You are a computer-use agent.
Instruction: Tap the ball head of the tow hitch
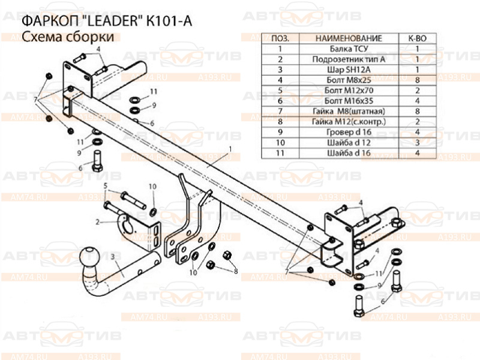pyautogui.click(x=91, y=257)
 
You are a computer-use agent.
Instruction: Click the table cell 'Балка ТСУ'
pyautogui.click(x=349, y=49)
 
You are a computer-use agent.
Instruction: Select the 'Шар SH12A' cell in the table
pyautogui.click(x=349, y=70)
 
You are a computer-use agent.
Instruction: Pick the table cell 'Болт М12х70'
pyautogui.click(x=349, y=91)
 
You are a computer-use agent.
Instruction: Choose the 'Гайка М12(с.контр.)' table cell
pyautogui.click(x=349, y=122)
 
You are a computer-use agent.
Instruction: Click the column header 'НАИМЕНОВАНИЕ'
pyautogui.click(x=349, y=38)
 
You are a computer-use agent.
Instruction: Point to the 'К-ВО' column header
pyautogui.click(x=417, y=38)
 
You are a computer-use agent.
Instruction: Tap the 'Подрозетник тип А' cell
pyautogui.click(x=349, y=59)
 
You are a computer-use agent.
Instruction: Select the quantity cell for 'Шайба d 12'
pyautogui.click(x=417, y=143)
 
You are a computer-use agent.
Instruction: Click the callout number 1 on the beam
pyautogui.click(x=230, y=149)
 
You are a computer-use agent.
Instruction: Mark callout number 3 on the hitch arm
pyautogui.click(x=113, y=257)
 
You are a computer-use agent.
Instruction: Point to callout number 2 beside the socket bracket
pyautogui.click(x=97, y=221)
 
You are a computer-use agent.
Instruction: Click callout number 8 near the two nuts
pyautogui.click(x=236, y=271)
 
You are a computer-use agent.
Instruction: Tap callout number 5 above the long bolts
pyautogui.click(x=106, y=185)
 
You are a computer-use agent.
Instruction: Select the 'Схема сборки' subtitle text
pyautogui.click(x=68, y=37)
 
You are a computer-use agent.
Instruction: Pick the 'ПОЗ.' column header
pyautogui.click(x=280, y=38)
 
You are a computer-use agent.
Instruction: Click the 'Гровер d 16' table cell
pyautogui.click(x=349, y=132)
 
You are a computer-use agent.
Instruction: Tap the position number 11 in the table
pyautogui.click(x=280, y=153)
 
